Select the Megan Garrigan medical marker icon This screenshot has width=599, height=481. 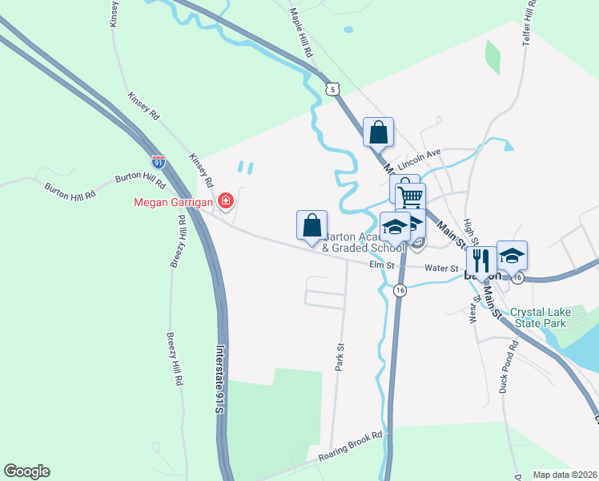226,200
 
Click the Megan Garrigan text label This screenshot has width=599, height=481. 172,202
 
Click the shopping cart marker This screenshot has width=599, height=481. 410,196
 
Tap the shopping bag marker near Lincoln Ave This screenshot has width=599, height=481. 378,132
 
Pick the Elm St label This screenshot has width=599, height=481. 382,265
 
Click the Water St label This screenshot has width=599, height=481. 441,269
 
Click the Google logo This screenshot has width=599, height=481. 26,471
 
